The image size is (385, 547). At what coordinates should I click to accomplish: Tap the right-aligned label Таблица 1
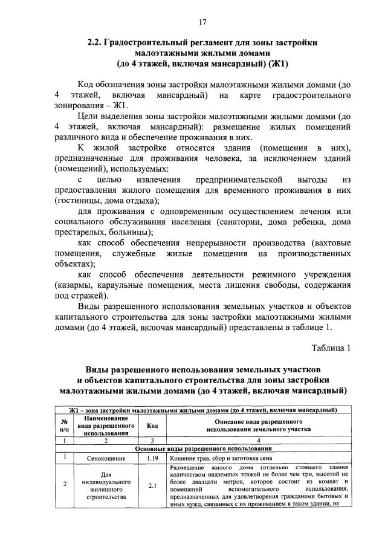pyautogui.click(x=331, y=348)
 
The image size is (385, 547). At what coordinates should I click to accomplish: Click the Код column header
pyautogui.click(x=152, y=426)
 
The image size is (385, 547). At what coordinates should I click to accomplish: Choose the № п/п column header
pyautogui.click(x=64, y=426)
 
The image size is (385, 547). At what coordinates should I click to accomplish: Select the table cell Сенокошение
pyautogui.click(x=106, y=458)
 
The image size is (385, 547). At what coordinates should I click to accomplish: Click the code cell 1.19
pyautogui.click(x=152, y=458)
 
